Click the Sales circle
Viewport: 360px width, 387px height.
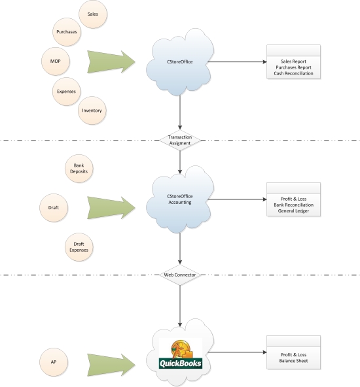tap(93, 14)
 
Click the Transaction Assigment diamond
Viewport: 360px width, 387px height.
tap(180, 140)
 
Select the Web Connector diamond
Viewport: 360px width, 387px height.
tap(180, 275)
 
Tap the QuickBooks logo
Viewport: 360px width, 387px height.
tap(180, 354)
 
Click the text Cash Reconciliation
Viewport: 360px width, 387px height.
tap(293, 74)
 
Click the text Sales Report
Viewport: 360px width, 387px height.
tap(293, 61)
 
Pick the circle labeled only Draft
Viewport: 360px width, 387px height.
tap(54, 207)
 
